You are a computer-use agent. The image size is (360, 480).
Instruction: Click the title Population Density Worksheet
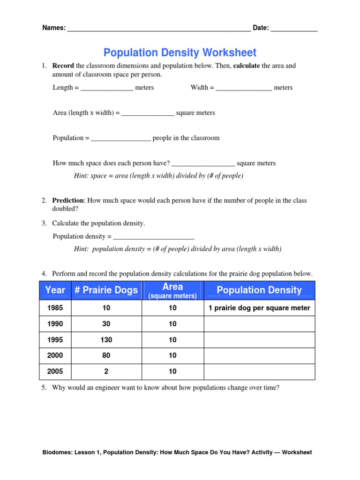(x=180, y=52)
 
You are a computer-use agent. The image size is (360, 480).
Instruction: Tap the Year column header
(x=55, y=290)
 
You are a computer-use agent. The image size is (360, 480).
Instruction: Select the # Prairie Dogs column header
(x=106, y=290)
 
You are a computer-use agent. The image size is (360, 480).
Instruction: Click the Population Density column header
(x=259, y=290)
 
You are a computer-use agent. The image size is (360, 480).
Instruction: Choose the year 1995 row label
(x=55, y=340)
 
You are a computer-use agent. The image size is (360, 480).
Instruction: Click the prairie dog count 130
(x=106, y=340)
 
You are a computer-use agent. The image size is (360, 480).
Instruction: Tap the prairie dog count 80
(x=106, y=356)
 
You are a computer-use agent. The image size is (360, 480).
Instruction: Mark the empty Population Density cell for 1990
(x=259, y=324)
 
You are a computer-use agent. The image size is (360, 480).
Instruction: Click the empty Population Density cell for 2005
(x=259, y=372)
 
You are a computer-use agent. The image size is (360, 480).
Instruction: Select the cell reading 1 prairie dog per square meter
(x=259, y=308)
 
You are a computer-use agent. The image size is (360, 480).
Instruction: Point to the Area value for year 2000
(x=172, y=356)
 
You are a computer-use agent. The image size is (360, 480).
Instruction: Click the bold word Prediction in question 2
(x=68, y=201)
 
